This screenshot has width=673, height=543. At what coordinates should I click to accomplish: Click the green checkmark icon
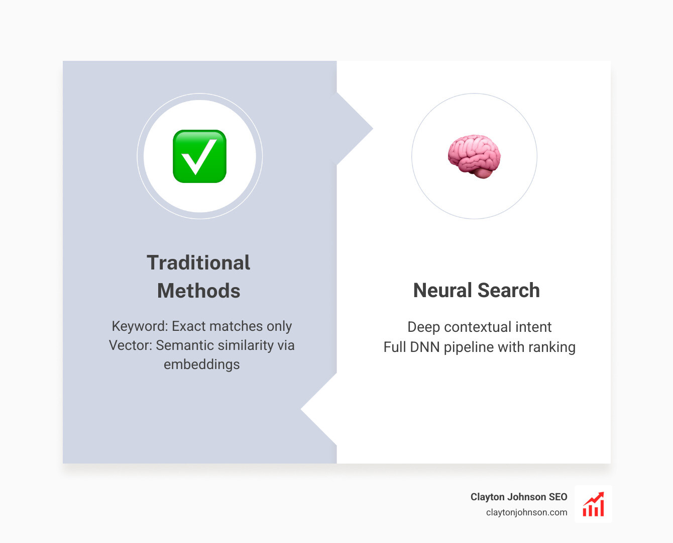[199, 156]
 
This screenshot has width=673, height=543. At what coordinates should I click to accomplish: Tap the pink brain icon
[474, 156]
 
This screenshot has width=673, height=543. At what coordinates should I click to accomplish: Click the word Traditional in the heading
[198, 262]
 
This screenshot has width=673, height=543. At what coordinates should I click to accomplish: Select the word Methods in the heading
[198, 291]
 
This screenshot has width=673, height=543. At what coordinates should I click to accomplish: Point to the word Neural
[442, 291]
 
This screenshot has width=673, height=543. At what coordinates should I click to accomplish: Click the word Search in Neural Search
[508, 291]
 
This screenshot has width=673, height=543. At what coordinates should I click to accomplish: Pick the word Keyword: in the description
[140, 326]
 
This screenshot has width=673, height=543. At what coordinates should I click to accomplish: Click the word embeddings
[201, 365]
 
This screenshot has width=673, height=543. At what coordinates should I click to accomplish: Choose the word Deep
[423, 327]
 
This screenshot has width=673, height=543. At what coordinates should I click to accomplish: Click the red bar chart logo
[593, 504]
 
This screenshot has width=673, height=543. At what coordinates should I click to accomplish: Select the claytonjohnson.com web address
[526, 512]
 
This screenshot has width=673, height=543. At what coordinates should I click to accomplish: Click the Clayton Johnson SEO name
[518, 497]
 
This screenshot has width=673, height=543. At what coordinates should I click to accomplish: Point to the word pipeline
[469, 347]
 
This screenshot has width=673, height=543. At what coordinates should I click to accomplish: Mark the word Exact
[189, 326]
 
